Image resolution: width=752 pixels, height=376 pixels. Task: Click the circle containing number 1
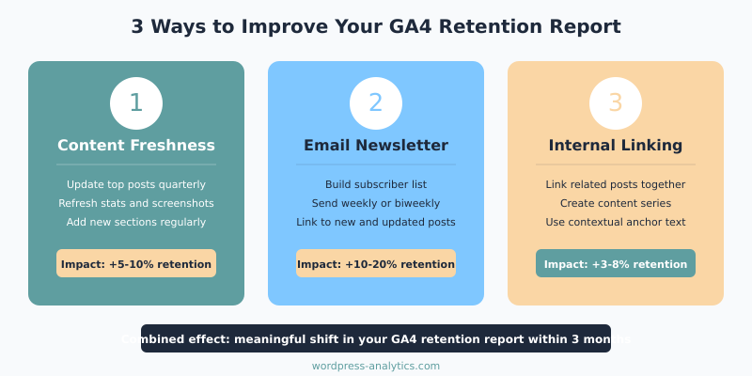tap(136, 103)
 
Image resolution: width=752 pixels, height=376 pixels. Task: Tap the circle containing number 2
tap(376, 103)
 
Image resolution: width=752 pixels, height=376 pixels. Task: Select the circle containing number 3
tap(616, 103)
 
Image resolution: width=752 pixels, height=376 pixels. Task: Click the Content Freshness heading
tap(136, 146)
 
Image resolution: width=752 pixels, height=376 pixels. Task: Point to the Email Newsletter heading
tap(376, 146)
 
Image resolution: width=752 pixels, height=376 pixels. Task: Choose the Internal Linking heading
tap(616, 146)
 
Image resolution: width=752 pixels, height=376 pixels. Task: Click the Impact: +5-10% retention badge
tap(136, 264)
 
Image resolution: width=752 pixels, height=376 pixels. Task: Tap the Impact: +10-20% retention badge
tap(376, 264)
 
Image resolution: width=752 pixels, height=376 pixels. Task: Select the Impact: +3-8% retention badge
tap(616, 264)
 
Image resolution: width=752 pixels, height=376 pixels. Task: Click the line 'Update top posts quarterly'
tap(136, 184)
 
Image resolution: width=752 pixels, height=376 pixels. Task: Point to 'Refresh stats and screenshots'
tap(136, 203)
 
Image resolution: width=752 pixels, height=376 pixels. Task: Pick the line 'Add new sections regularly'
tap(136, 222)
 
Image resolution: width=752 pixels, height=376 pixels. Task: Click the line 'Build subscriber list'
tap(376, 184)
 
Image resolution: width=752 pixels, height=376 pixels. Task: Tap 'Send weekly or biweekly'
tap(376, 203)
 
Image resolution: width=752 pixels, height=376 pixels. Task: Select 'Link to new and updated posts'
tap(376, 222)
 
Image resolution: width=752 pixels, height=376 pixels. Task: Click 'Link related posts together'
tap(616, 184)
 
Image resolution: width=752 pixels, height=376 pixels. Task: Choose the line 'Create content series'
tap(616, 203)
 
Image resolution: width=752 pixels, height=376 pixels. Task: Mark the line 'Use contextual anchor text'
tap(616, 222)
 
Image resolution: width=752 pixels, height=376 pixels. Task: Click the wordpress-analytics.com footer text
tap(376, 367)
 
